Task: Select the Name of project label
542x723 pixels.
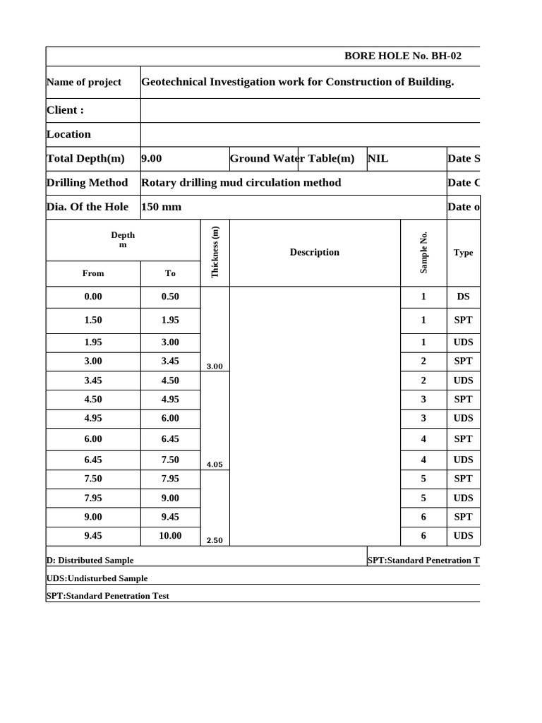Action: tap(84, 82)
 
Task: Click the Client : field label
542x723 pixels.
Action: tap(65, 110)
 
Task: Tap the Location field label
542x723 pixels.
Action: tap(68, 134)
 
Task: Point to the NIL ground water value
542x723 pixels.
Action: tap(378, 159)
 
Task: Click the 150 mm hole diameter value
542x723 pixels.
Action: tap(161, 207)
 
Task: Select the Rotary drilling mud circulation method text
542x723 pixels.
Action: tap(241, 183)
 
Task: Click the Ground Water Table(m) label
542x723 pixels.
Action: tap(292, 159)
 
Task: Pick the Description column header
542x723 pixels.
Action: tap(314, 252)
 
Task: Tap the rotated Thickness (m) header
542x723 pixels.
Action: tap(215, 252)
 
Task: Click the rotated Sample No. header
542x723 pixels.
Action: tap(423, 252)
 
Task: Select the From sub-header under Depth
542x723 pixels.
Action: tap(93, 273)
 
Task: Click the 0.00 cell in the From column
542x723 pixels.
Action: tap(93, 297)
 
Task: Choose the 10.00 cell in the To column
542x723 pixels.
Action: tap(170, 536)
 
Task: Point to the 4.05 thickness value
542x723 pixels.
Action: tap(215, 465)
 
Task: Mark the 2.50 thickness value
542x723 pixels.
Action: tap(215, 541)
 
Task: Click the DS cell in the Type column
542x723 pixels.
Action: tap(463, 297)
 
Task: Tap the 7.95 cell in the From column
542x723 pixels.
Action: tap(93, 498)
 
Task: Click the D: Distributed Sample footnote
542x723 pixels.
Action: tap(90, 561)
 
